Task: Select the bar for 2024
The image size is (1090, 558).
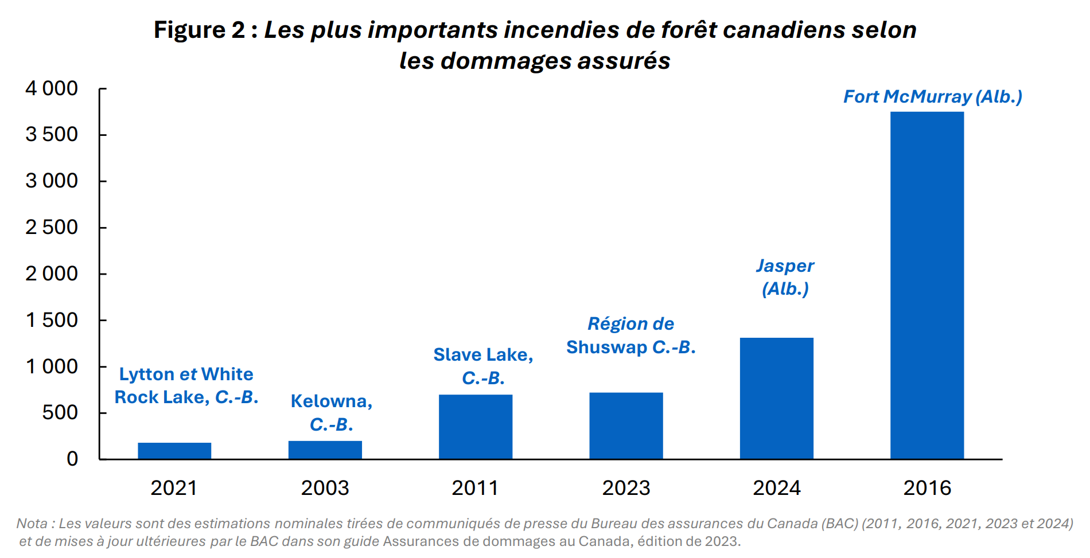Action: [x=776, y=398]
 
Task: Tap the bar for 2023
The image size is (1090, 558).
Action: [x=626, y=426]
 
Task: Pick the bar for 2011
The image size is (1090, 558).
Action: [x=475, y=427]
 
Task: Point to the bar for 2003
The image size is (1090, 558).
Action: [x=325, y=450]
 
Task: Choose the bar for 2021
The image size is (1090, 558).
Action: [x=174, y=451]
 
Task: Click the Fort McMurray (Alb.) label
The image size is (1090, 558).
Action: [x=932, y=96]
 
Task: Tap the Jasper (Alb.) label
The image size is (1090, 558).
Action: [x=785, y=277]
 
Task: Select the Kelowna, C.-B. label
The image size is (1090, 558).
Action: [x=331, y=412]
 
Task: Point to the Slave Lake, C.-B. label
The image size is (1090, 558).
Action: [x=483, y=366]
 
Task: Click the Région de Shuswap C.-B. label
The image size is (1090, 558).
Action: [x=630, y=335]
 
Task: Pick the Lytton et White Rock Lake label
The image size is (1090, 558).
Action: [x=186, y=385]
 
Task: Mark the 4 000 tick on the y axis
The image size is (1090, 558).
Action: [x=52, y=88]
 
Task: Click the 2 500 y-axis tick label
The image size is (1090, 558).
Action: [x=52, y=227]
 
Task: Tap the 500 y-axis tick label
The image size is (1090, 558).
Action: [x=60, y=412]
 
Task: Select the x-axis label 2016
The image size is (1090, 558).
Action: [x=926, y=488]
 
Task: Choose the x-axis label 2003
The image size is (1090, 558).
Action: [x=325, y=488]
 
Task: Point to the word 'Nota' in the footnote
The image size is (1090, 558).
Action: [x=32, y=523]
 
